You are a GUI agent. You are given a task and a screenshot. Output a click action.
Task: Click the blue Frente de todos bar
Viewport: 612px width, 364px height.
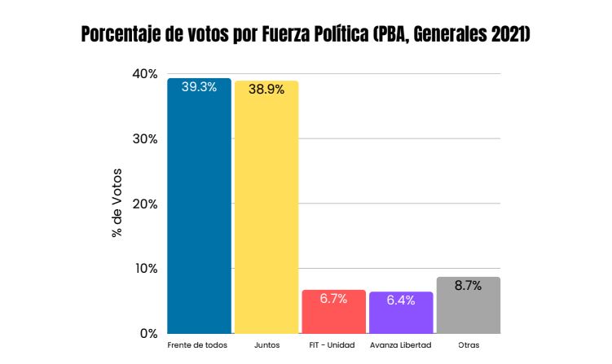(x=199, y=212)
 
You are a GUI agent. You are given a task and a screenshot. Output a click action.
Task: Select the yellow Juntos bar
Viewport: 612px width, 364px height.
(x=266, y=212)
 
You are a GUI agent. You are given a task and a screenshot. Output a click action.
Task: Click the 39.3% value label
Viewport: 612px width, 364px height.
(x=199, y=87)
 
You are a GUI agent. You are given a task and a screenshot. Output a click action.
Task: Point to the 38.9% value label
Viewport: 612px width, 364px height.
(x=266, y=90)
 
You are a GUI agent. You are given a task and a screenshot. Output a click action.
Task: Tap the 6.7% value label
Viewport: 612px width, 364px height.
(x=333, y=299)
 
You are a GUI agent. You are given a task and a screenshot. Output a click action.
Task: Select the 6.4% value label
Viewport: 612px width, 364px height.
(x=401, y=300)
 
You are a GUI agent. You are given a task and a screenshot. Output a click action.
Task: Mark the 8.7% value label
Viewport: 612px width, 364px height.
(x=468, y=286)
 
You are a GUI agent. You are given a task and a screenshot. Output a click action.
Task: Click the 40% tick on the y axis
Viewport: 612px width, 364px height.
(x=144, y=73)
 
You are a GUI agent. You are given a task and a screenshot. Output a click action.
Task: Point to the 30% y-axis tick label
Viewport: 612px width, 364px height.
(x=144, y=138)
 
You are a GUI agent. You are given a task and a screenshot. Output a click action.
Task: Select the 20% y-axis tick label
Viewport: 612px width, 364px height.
(x=144, y=204)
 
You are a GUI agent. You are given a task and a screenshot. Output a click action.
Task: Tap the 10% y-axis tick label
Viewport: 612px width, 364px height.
(x=144, y=269)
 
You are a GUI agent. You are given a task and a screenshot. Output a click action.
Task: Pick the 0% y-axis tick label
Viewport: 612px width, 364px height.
(x=148, y=333)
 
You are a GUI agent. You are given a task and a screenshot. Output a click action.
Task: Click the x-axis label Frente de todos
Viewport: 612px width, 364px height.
(x=197, y=345)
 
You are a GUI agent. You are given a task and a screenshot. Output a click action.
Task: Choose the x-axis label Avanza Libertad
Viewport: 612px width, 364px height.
(x=400, y=345)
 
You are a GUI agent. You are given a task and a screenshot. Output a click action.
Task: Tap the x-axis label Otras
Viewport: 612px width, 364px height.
(x=468, y=345)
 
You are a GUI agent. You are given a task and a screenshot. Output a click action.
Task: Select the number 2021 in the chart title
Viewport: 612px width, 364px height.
(x=505, y=37)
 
